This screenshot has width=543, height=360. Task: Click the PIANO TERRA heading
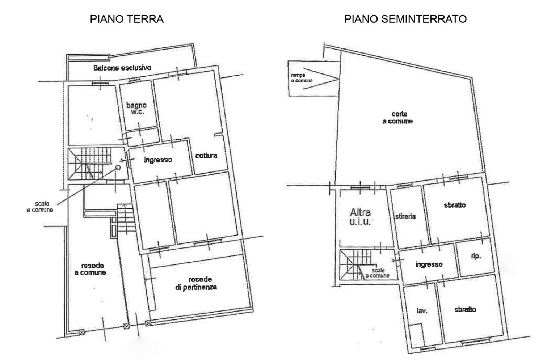coord(127,19)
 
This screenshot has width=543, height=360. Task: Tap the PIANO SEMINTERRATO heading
coord(405,19)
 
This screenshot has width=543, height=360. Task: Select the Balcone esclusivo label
coord(122,68)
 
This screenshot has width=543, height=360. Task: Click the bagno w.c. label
coord(136,108)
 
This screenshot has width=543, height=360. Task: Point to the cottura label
coord(206,155)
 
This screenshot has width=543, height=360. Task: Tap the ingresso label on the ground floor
coord(158,160)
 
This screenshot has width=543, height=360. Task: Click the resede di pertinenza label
coord(196,283)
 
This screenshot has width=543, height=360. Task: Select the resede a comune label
coord(90,269)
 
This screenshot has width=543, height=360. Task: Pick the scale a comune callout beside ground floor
coord(40,207)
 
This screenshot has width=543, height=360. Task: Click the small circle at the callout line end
coord(118,167)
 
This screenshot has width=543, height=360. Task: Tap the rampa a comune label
coord(302,78)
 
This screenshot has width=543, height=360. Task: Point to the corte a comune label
coord(398,118)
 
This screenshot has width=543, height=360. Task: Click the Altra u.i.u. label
coord(361,217)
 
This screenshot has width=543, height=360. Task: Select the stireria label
coord(405,216)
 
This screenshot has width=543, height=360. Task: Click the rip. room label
coord(476,256)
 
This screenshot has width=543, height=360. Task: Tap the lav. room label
coord(422,310)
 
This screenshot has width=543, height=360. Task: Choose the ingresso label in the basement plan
coord(429,264)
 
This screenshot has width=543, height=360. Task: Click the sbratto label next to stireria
coord(455,205)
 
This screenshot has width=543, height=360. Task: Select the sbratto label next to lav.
coord(465,309)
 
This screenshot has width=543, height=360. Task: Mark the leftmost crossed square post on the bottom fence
coord(81,332)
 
